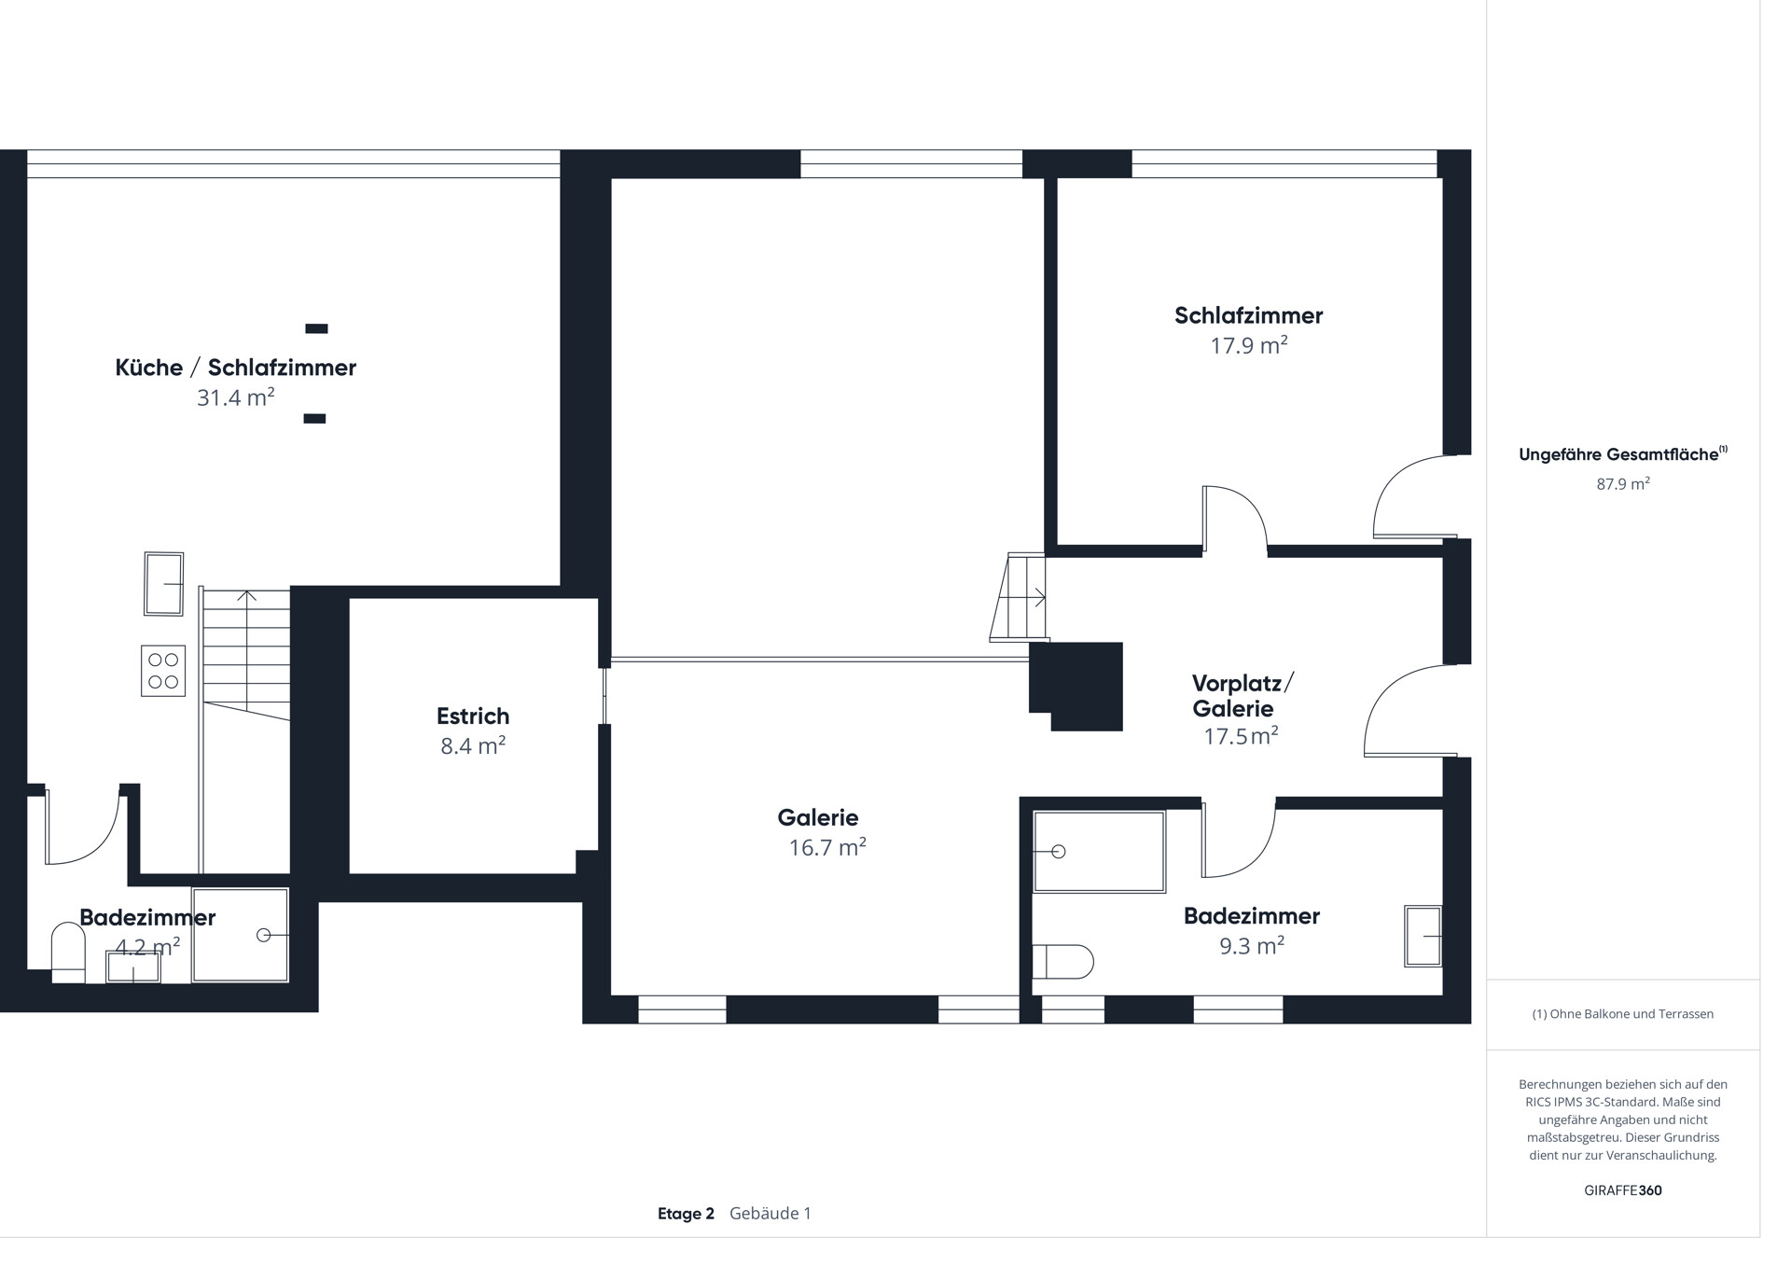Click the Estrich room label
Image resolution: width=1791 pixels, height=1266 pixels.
click(x=473, y=716)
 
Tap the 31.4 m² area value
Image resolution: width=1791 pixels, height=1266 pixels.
click(x=235, y=397)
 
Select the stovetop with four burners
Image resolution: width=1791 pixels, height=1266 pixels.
click(x=163, y=671)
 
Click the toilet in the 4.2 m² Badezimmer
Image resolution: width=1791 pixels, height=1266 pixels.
click(x=68, y=953)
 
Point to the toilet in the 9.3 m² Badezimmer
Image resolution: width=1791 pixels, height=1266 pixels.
click(x=1062, y=962)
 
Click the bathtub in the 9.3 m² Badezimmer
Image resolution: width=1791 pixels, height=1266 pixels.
click(x=1099, y=851)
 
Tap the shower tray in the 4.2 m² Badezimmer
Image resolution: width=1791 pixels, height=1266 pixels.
click(x=241, y=935)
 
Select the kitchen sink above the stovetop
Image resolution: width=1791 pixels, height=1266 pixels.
click(x=163, y=584)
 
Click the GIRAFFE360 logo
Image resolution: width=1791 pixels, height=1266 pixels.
click(x=1623, y=1190)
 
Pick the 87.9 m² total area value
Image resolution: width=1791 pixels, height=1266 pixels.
click(x=1623, y=483)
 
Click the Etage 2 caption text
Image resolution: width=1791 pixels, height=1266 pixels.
click(x=686, y=1214)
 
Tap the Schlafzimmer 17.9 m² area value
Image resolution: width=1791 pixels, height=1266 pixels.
click(x=1249, y=345)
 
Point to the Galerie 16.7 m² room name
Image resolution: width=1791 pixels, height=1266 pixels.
click(x=818, y=817)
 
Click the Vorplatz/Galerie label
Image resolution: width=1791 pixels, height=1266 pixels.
click(x=1243, y=695)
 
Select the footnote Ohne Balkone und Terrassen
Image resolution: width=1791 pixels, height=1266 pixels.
click(x=1623, y=1014)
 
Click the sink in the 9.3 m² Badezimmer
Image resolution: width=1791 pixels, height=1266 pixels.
click(x=1423, y=936)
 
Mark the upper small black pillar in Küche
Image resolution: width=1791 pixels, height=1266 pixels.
click(x=317, y=328)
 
